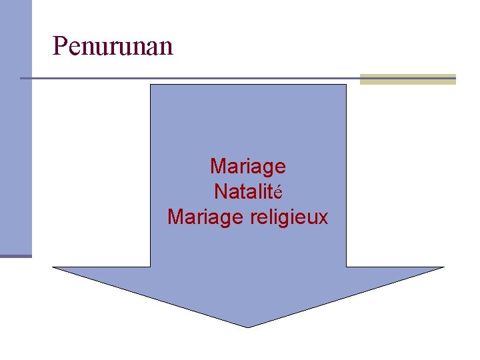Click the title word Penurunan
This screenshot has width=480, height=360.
click(113, 45)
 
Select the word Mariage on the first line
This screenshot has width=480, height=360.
click(248, 166)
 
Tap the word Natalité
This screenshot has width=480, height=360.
click(248, 191)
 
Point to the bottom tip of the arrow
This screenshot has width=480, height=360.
click(248, 327)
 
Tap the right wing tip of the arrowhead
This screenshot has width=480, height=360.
click(443, 267)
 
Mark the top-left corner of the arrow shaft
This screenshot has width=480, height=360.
click(151, 85)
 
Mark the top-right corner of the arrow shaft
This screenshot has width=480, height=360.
click(346, 85)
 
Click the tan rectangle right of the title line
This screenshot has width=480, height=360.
click(407, 79)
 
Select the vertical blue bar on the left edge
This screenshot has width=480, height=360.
click(15, 127)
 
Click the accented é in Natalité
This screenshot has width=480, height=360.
click(279, 192)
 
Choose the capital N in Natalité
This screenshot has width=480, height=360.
click(221, 191)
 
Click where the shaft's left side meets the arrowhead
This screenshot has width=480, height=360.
click(151, 267)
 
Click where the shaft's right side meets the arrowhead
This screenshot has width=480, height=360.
click(346, 267)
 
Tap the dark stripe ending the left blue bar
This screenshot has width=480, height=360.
click(15, 256)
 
